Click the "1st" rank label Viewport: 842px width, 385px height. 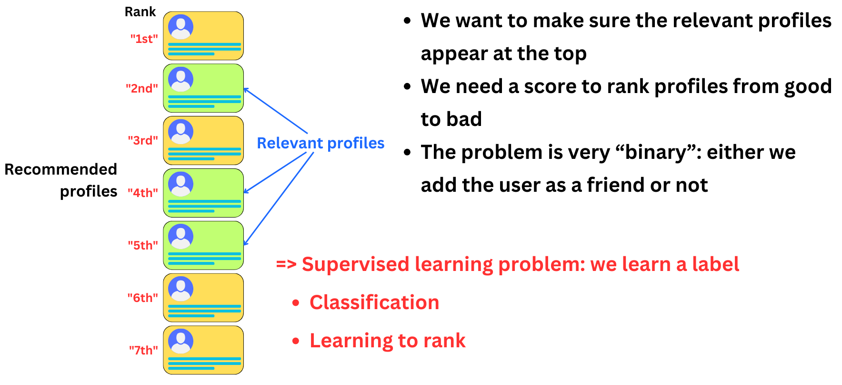144,39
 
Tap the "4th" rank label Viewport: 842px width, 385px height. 142,193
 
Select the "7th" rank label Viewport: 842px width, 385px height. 143,350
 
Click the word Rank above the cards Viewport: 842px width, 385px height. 140,12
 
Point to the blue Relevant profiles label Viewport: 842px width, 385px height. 320,143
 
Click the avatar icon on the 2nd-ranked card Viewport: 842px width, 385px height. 181,79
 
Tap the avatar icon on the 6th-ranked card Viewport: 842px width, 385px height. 181,289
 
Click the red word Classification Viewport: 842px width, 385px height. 374,302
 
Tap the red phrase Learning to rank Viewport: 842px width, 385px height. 387,341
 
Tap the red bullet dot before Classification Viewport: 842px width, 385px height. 296,303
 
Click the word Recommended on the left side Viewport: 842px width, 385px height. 60,169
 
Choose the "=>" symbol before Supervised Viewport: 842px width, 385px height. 286,264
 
